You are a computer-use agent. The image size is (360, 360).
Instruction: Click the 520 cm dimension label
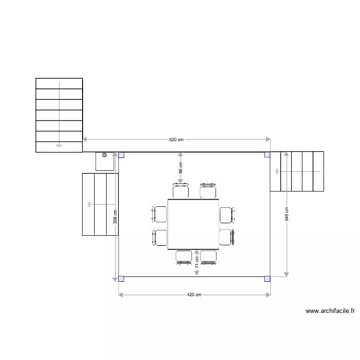pos(176,140)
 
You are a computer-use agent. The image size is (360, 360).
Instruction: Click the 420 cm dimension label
pos(194,295)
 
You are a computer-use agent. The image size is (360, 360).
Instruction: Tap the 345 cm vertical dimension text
pos(287,214)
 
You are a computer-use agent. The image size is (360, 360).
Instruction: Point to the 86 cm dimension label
pos(180,168)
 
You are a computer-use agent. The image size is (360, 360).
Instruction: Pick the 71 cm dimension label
pos(197,261)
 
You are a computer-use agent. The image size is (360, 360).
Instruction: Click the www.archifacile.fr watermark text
pos(330,311)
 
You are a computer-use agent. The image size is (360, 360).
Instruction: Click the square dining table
pos(193,224)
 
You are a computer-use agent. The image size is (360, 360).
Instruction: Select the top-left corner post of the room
pos(121,155)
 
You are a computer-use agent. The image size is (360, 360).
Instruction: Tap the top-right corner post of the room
pos(267,155)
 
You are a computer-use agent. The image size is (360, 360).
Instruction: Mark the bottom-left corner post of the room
pos(121,278)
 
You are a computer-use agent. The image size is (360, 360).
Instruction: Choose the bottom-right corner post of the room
pos(267,278)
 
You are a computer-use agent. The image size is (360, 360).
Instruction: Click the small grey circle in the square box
pos(104,156)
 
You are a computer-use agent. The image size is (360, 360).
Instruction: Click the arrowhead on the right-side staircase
pos(276,171)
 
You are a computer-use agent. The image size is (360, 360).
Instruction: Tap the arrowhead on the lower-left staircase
pos(89,204)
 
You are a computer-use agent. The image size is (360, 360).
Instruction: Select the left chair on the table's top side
pos(180,192)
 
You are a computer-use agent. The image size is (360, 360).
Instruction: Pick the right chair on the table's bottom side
pos(208,257)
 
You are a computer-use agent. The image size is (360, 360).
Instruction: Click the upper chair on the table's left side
pos(160,214)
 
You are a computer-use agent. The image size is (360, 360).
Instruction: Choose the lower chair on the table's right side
pos(226,237)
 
